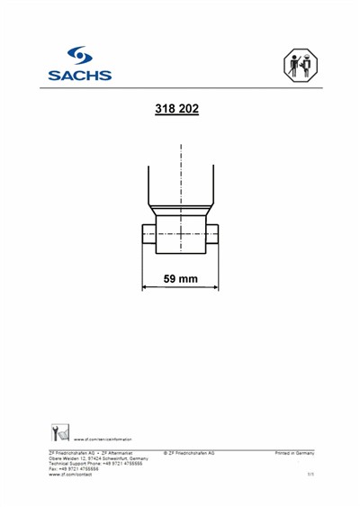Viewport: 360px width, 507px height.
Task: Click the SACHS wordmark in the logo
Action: point(81,76)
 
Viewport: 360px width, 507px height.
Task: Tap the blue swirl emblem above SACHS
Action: point(80,57)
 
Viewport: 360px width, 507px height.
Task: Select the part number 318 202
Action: point(177,110)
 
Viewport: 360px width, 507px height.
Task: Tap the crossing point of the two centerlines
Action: point(181,232)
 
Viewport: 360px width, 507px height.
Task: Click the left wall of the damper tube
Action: point(149,186)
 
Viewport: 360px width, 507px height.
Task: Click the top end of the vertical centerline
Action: point(181,146)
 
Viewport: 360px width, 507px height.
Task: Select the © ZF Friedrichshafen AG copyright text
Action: point(189,452)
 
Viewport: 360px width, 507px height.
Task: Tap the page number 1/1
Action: point(310,474)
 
